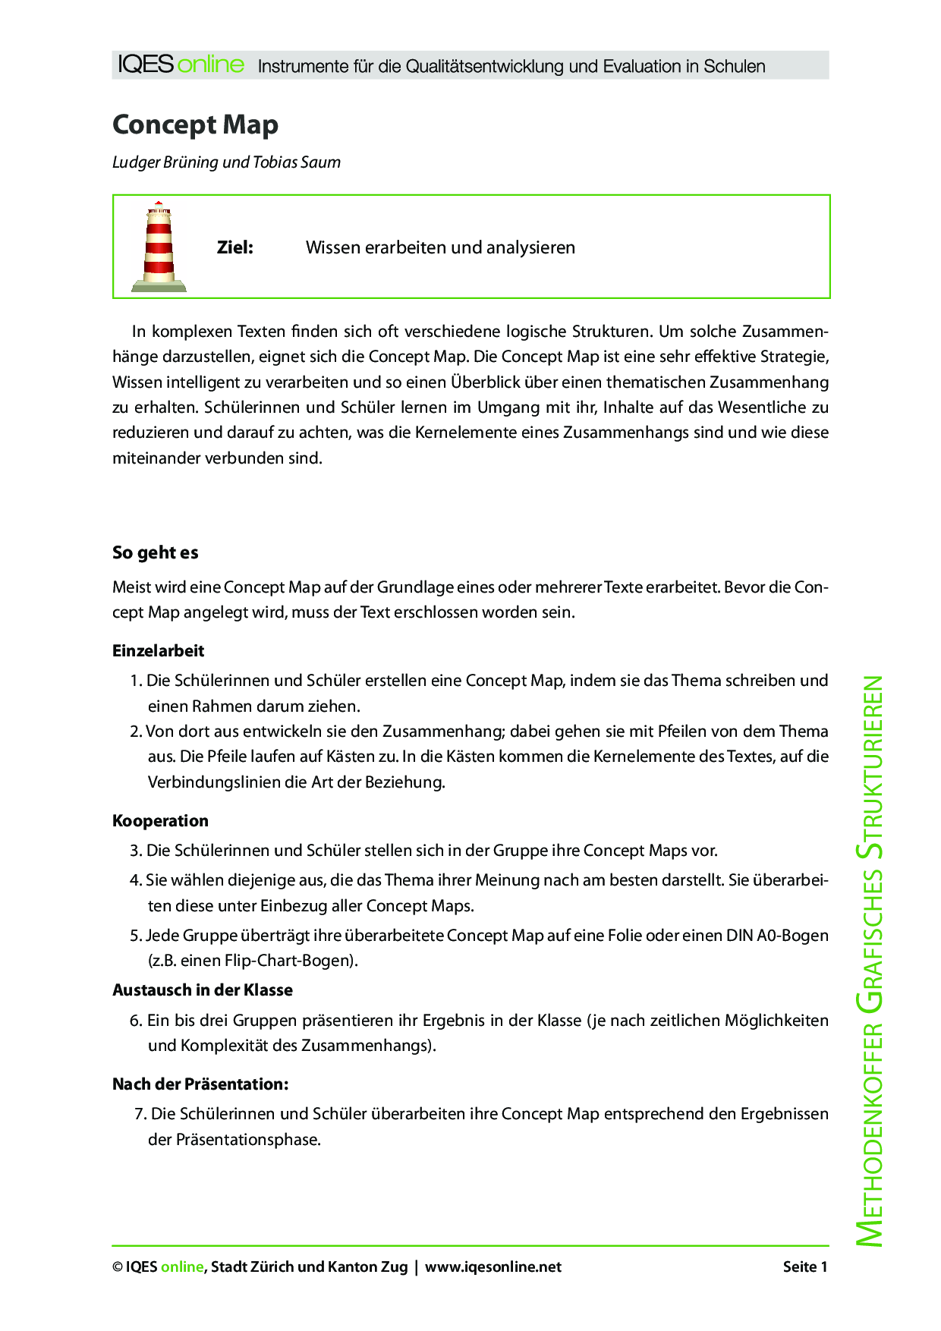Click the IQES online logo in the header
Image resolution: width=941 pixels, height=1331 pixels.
tap(181, 65)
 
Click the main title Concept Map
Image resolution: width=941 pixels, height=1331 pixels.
tap(195, 124)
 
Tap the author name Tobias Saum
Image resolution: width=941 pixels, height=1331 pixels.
tap(297, 162)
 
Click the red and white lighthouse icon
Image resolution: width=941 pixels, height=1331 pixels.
tap(159, 247)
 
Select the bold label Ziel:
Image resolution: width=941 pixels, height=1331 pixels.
tap(234, 247)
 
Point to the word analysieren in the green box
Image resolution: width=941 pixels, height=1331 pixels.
tap(530, 247)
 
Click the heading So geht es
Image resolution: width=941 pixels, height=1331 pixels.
tap(155, 552)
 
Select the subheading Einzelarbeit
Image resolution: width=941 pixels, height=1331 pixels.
tap(158, 651)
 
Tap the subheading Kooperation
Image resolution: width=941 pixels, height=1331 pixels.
tap(160, 821)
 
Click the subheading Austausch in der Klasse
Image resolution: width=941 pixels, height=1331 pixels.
tap(202, 990)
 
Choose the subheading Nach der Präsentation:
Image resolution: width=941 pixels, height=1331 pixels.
tap(200, 1084)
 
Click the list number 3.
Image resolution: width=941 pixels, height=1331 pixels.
tap(136, 851)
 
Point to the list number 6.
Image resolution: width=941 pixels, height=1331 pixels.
tap(136, 1021)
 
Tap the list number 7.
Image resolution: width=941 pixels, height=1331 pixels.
tap(140, 1114)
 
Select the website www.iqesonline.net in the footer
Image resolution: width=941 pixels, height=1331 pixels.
tap(493, 1266)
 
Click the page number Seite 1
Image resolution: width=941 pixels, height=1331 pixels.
tap(804, 1266)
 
